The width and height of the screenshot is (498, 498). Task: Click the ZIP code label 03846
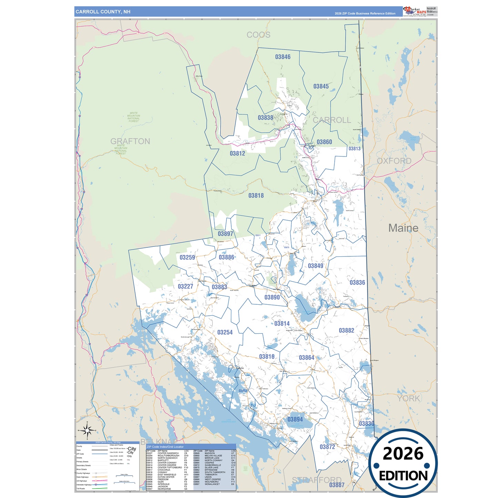(283, 57)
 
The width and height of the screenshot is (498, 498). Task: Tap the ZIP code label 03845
(321, 86)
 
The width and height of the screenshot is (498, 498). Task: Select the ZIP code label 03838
(265, 118)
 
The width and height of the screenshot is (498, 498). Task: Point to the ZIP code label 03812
(237, 153)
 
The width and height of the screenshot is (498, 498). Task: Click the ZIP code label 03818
(256, 195)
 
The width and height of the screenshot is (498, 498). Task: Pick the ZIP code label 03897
(225, 234)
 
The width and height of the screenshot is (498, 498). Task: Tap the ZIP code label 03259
(187, 257)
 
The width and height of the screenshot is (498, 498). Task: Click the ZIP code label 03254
(225, 332)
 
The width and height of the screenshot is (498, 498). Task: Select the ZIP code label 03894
(295, 419)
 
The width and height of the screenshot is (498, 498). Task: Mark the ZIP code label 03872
(327, 447)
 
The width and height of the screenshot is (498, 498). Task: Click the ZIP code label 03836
(357, 283)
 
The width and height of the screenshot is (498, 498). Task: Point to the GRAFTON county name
(130, 141)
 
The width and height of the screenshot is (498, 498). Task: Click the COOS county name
(258, 35)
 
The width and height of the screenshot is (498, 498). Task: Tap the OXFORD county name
(394, 161)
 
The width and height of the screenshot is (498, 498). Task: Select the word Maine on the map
(403, 228)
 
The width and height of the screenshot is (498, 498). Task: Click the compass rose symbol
(87, 430)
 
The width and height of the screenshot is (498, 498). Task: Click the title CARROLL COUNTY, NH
(103, 12)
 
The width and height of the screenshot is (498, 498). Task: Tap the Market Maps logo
(415, 11)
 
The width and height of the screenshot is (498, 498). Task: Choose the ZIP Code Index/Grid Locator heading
(165, 447)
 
